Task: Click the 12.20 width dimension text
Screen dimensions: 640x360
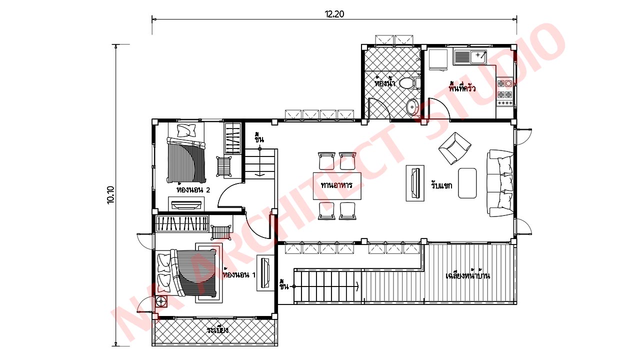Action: (x=334, y=14)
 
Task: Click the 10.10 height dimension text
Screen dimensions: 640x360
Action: (x=111, y=195)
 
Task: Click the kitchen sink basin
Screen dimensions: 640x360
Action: (x=478, y=57)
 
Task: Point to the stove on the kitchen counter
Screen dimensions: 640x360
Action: (x=505, y=92)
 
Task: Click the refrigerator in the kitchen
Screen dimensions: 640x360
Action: (x=438, y=59)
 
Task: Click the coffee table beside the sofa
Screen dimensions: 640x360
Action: (x=467, y=183)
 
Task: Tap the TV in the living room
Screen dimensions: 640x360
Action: (x=415, y=183)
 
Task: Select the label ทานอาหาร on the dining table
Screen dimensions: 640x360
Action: (x=336, y=185)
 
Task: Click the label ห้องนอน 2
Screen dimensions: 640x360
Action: (x=193, y=189)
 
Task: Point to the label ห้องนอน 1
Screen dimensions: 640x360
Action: (x=239, y=275)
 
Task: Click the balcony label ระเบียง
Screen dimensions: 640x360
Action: (x=217, y=330)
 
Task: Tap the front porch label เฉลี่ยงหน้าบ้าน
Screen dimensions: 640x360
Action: (x=468, y=275)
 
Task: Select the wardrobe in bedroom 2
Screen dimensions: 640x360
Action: (x=233, y=138)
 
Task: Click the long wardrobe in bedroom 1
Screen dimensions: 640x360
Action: (x=182, y=224)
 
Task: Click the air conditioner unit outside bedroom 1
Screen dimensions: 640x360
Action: (x=161, y=301)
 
